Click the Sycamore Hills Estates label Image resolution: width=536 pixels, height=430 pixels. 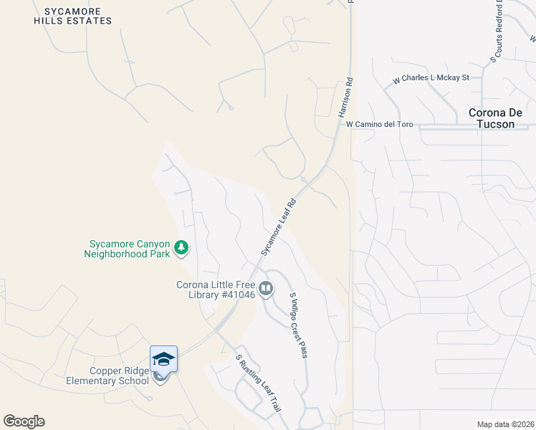tap(72, 16)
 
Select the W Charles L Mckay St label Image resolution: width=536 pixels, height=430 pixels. tap(430, 79)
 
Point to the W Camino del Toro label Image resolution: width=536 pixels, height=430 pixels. tap(379, 124)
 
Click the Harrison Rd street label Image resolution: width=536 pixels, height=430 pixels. tap(345, 98)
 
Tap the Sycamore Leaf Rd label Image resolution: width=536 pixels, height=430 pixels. tap(279, 226)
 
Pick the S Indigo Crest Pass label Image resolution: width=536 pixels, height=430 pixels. tap(297, 325)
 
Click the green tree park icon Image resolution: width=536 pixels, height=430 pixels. tap(181, 248)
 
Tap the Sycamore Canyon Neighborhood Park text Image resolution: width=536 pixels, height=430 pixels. tap(128, 248)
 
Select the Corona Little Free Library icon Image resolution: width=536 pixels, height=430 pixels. tap(266, 289)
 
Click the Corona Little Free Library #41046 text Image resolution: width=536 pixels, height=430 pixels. tap(216, 290)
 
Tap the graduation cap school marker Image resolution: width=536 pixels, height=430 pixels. tap(163, 358)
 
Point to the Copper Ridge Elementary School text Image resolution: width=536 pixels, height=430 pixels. tap(119, 376)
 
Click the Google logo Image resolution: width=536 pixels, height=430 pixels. tap(24, 421)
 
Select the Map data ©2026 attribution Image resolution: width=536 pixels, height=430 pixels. tap(505, 424)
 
